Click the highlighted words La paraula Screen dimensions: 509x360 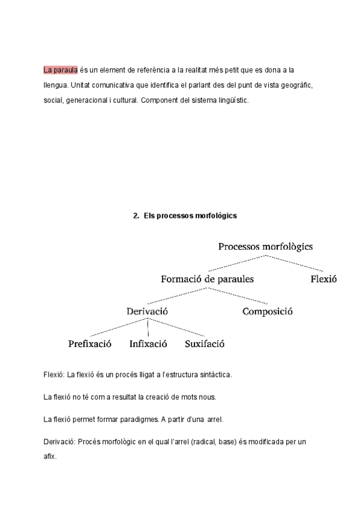(61, 70)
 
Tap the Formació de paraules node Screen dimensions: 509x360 (207, 279)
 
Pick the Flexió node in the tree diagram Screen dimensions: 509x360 (324, 279)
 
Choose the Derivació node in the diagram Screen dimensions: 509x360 (147, 312)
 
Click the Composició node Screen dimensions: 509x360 (267, 312)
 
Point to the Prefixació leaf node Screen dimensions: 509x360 (90, 345)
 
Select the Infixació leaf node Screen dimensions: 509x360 (148, 345)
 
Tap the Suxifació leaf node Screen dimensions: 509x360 (205, 345)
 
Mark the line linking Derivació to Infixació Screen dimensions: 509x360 (148, 327)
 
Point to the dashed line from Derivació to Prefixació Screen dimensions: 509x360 (117, 328)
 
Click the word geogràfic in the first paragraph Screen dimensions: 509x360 (294, 85)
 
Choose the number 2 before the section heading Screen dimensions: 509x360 (135, 215)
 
